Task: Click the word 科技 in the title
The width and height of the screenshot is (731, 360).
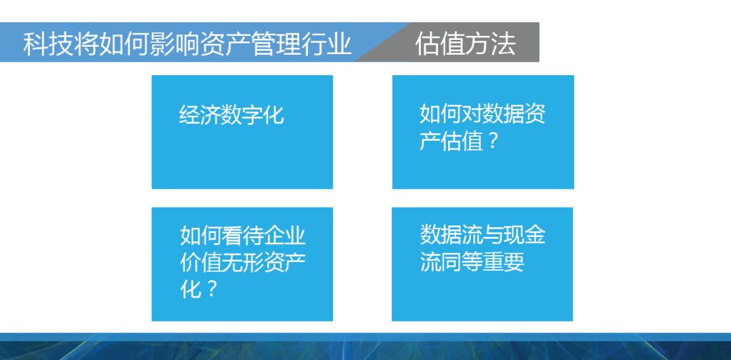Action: (x=48, y=44)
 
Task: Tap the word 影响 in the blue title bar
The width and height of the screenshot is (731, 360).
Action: (x=175, y=44)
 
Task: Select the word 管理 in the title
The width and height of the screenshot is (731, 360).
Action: (x=275, y=44)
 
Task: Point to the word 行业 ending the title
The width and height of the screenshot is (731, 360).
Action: (x=326, y=44)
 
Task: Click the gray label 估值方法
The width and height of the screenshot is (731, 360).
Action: (x=465, y=44)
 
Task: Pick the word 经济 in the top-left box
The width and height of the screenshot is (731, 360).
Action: (x=200, y=114)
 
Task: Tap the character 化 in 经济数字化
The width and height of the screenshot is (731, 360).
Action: (x=273, y=114)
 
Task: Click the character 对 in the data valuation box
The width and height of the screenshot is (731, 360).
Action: (x=472, y=114)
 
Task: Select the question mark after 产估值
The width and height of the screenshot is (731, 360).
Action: (x=493, y=141)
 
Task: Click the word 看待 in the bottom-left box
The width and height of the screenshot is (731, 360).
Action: (x=242, y=236)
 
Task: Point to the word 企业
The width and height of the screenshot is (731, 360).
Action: (x=284, y=236)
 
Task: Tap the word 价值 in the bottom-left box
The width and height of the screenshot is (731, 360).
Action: (x=201, y=263)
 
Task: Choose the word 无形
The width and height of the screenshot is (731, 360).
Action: (x=242, y=263)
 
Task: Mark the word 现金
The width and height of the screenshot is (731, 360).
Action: (x=525, y=235)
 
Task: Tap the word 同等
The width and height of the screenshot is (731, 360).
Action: (x=462, y=262)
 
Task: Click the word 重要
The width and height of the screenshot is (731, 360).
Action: (x=504, y=262)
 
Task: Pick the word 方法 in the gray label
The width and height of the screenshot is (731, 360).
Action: (x=491, y=44)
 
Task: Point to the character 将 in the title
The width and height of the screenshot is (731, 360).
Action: (x=86, y=44)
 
